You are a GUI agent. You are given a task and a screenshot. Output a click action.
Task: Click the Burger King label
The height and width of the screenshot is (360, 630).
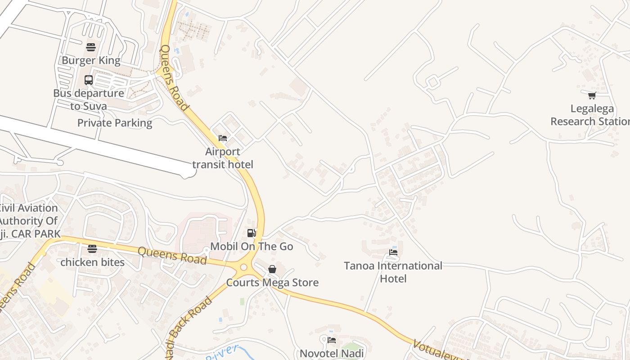click(x=91, y=60)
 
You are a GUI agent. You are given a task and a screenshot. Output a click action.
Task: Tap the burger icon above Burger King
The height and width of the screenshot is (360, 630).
click(x=91, y=47)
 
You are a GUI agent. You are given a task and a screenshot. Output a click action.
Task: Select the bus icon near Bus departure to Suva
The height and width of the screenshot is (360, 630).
click(x=89, y=80)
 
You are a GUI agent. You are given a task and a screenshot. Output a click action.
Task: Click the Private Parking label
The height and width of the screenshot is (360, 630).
click(x=115, y=123)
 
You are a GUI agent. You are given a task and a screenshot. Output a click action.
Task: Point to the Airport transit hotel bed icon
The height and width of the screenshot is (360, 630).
click(x=223, y=138)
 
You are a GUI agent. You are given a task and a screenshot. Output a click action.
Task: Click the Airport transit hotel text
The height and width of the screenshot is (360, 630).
click(x=223, y=158)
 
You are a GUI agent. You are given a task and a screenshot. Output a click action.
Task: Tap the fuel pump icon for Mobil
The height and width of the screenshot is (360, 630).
click(x=252, y=233)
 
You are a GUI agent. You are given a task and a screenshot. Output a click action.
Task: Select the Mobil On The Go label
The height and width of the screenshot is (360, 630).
click(x=252, y=246)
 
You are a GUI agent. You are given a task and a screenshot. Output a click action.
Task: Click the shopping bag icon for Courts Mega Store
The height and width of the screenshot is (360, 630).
click(x=272, y=269)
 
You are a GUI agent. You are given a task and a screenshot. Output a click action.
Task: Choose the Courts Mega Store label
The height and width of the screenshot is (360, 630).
click(x=272, y=283)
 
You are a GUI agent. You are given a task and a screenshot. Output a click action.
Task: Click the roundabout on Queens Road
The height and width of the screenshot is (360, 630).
click(x=243, y=267)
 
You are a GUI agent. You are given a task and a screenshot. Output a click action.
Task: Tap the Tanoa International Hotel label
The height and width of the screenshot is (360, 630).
click(x=393, y=272)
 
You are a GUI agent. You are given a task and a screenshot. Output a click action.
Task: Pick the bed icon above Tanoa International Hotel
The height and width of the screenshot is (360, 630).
click(x=393, y=252)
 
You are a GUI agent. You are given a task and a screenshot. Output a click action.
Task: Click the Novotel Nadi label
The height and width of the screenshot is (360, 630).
click(x=332, y=353)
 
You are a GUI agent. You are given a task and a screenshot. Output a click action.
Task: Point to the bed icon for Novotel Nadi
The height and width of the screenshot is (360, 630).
click(x=332, y=340)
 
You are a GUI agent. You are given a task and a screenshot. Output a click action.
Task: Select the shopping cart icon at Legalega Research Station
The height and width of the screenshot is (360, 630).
click(x=592, y=95)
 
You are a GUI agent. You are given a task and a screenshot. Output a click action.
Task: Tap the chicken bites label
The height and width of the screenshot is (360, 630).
click(x=92, y=262)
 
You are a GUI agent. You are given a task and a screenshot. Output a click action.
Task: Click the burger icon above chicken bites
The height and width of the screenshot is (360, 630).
click(x=92, y=249)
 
